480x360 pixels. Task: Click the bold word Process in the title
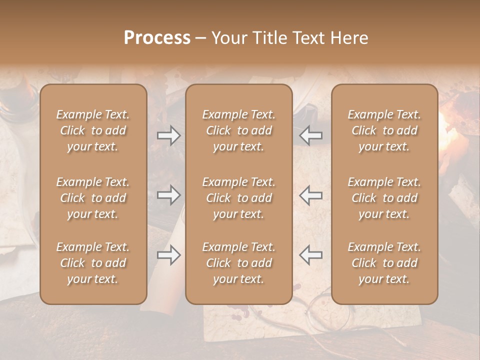157,38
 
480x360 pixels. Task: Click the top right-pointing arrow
169,135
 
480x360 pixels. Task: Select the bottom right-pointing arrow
169,255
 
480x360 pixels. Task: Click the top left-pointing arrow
311,135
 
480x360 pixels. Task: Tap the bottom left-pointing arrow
311,255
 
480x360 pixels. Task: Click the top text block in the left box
93,130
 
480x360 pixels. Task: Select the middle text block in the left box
93,198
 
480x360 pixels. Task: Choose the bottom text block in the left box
93,263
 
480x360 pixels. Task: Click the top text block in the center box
239,130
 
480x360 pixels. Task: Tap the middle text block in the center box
239,198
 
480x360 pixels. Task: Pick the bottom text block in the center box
239,263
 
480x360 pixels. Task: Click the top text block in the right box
384,130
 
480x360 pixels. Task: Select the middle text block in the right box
384,198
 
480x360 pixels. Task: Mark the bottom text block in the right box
384,263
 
